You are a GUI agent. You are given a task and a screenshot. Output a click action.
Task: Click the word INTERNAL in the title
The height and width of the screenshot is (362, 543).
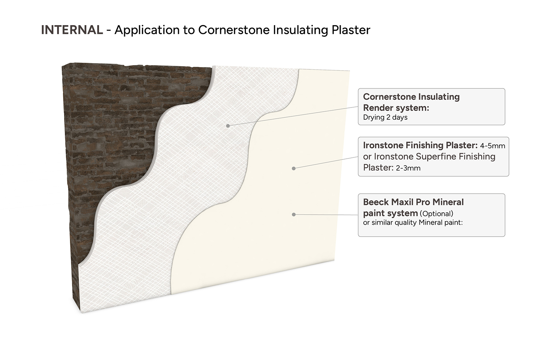(x=72, y=30)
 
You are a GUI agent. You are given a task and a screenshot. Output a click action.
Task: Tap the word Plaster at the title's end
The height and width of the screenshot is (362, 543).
(x=351, y=30)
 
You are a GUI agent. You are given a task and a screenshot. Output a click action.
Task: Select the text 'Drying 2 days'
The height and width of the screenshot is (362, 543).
(x=385, y=117)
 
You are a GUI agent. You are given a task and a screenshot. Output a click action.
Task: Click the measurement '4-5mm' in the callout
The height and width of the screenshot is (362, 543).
(x=492, y=146)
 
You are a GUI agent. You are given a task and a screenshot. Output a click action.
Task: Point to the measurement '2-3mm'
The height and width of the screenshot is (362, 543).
(x=408, y=168)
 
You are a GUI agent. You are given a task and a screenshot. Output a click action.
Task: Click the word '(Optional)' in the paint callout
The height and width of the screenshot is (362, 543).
(x=436, y=214)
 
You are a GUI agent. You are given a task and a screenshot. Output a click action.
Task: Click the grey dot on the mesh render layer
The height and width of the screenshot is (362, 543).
(x=228, y=126)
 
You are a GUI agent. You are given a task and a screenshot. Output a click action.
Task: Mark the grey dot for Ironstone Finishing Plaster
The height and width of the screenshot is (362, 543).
(x=294, y=168)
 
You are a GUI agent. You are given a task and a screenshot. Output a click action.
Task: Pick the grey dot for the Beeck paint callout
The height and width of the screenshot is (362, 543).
(x=294, y=214)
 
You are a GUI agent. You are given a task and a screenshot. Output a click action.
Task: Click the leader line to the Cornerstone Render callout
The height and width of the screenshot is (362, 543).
(x=293, y=116)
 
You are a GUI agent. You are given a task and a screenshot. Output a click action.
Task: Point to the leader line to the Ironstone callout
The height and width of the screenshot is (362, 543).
(x=326, y=163)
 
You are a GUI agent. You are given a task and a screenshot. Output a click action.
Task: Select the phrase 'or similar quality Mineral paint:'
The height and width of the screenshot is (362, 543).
(x=413, y=223)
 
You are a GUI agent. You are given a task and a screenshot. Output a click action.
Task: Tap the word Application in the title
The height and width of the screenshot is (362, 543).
(x=147, y=30)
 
